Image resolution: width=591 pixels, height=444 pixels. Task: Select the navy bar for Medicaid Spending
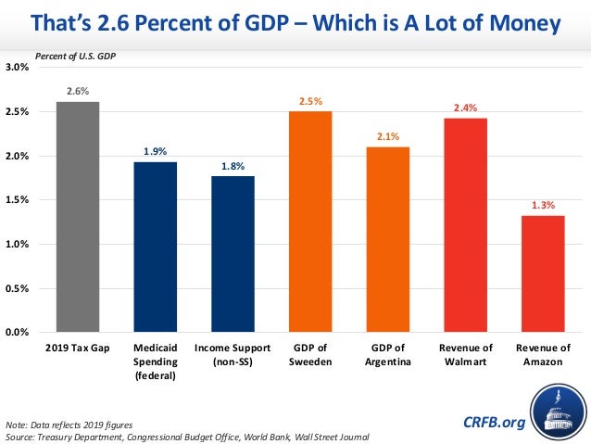click(x=155, y=247)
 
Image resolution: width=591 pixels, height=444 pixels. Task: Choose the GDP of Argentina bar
click(x=387, y=238)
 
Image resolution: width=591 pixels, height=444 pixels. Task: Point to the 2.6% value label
click(x=77, y=91)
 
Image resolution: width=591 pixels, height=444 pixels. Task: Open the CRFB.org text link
click(x=494, y=422)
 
